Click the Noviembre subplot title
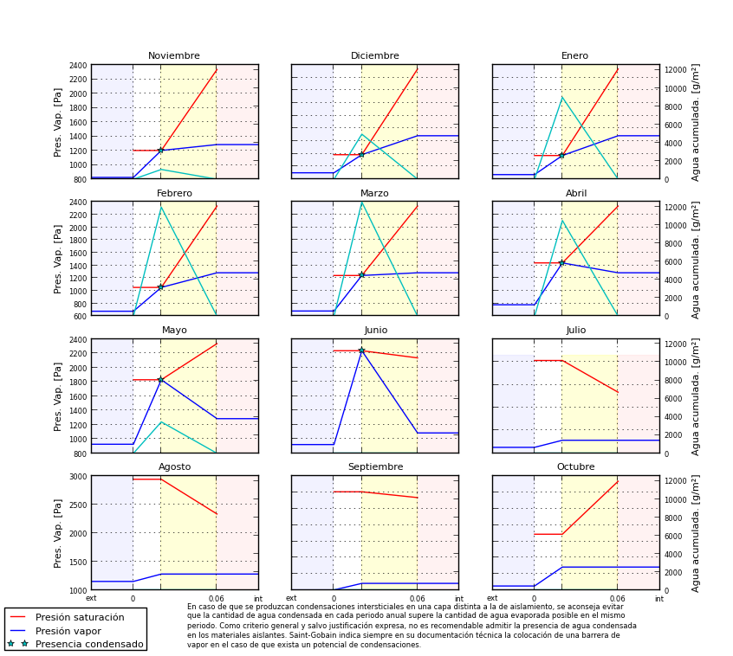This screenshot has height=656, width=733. coord(174,56)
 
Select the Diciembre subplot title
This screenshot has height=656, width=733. coord(375,56)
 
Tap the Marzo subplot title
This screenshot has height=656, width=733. coord(375,194)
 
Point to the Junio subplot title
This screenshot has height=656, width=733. coord(376,331)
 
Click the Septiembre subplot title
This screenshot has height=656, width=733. coord(375,467)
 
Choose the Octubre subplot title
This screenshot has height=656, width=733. coord(575,467)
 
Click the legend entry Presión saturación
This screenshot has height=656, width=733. coord(80,618)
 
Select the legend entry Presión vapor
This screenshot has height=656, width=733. coord(68,631)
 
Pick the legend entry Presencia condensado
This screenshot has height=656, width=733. coord(89,644)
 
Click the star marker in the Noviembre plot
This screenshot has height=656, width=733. coord(160,151)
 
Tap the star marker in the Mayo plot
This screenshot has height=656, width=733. coord(160,380)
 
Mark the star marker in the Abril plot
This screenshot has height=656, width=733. coord(561,263)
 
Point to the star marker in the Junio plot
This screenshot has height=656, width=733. coord(361,351)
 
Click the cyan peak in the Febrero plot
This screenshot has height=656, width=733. coord(160,207)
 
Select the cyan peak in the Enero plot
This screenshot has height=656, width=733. coord(561,97)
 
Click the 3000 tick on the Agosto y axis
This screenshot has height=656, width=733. coord(77,476)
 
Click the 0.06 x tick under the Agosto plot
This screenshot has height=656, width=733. coord(216,599)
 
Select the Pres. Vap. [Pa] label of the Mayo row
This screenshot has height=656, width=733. coord(58,396)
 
